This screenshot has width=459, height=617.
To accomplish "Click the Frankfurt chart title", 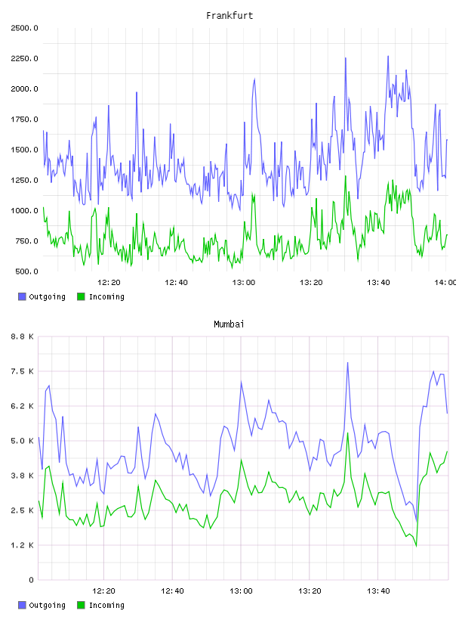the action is pos(229,16).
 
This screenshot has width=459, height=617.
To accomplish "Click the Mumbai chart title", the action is pos(229,324).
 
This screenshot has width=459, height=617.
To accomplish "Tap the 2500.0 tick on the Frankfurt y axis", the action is pos(24,28).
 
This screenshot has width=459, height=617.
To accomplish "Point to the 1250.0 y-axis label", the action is pos(24,180).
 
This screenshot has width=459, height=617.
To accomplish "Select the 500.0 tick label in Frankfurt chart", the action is pos(26,271).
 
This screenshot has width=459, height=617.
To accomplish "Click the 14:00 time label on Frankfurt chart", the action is pos(445,282).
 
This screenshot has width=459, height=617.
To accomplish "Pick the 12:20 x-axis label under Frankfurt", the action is pos(109,282).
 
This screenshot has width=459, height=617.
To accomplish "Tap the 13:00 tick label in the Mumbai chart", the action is pos(241,591).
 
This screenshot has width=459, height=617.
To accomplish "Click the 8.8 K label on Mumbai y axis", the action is pos(22,336).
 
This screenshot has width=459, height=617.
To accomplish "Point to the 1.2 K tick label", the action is pos(22,545).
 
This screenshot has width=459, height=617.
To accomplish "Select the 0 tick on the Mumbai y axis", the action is pos(31,580).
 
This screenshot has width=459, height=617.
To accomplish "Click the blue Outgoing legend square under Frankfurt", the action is pos(22,296).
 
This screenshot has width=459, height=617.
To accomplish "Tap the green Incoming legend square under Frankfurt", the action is pos(81,296).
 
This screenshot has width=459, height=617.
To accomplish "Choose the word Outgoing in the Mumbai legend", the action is pos(47,605).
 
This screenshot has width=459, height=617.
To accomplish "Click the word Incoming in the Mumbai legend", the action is pos(106,605).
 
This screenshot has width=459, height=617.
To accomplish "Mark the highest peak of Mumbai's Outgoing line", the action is pos(347,363).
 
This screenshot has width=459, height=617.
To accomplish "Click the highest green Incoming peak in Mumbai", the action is pos(347,433).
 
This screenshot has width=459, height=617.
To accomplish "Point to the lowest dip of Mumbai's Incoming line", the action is pos(416,546).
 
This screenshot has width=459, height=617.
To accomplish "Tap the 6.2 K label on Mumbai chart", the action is pos(22,406).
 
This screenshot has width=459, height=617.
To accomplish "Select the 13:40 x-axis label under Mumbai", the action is pos(378,591).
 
